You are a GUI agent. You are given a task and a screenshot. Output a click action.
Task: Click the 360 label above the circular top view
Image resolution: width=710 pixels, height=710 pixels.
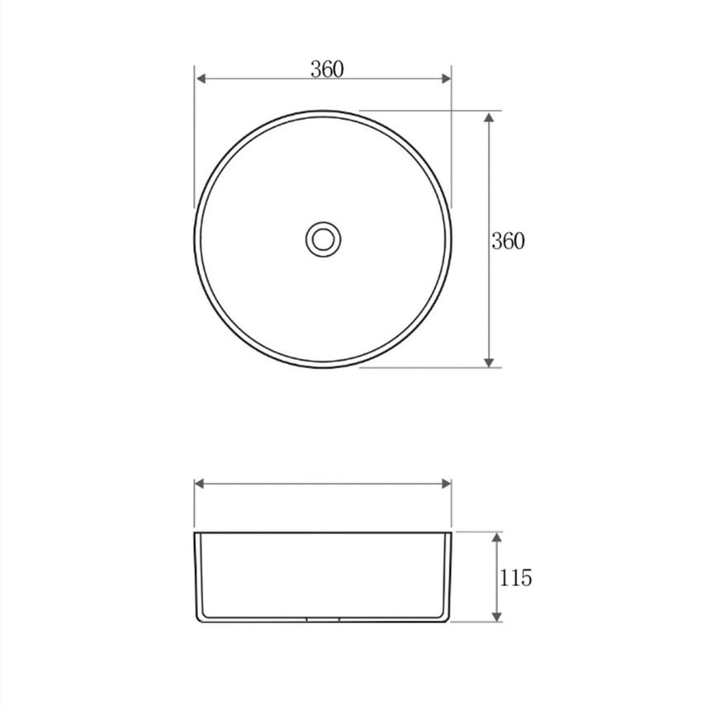pos(327,69)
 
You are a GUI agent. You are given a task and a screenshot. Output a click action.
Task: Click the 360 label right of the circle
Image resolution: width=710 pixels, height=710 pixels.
pos(508,241)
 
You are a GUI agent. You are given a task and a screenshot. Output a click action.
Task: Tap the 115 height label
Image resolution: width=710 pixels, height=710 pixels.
pos(515,578)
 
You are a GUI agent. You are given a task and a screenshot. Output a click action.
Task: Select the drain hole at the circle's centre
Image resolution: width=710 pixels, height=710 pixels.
pos(323,239)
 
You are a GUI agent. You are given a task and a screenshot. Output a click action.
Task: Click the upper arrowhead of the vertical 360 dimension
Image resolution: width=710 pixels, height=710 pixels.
pos(490,116)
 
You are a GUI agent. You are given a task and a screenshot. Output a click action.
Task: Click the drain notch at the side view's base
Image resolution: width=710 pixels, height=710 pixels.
pos(323,619)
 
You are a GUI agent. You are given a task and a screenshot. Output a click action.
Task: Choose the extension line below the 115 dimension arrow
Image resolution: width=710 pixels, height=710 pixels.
pos(479,622)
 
